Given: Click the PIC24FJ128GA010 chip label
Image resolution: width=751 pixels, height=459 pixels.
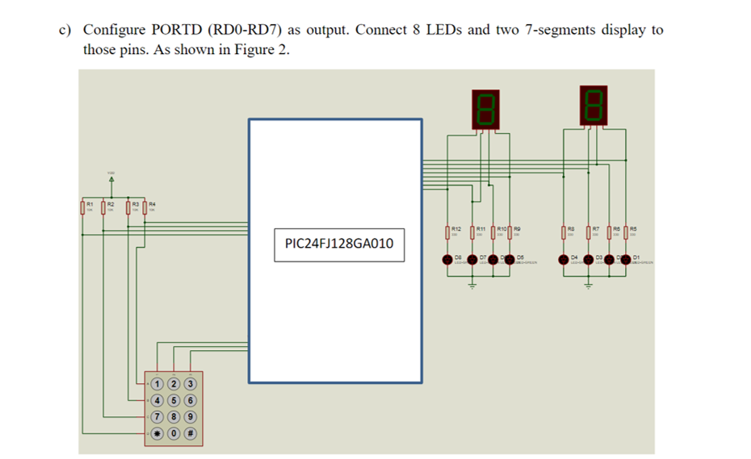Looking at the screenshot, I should coord(339,243).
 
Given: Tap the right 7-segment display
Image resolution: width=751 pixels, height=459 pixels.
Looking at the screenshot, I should coord(594,105).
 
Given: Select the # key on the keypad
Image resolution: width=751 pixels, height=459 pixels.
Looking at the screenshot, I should coord(191,433).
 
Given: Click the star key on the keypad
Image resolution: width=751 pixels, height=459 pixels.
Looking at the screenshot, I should coord(157,433).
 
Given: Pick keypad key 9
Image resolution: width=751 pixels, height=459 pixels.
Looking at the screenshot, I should coord(191,416).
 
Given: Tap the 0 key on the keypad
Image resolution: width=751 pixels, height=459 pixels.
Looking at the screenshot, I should coord(174,433).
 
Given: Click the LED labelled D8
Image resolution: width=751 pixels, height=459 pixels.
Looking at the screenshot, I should coord(448,260).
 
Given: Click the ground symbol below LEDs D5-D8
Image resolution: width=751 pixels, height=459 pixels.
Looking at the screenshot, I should coord(473,285).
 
